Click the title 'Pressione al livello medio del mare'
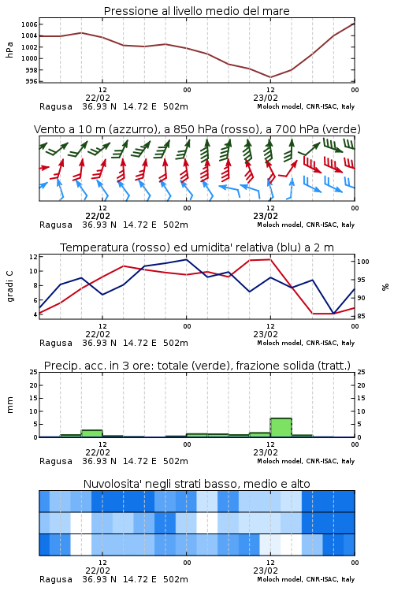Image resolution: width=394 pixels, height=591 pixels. tap(196, 11)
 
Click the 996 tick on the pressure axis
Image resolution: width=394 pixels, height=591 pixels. tap(32, 81)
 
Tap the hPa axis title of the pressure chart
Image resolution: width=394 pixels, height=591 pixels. tap(9, 50)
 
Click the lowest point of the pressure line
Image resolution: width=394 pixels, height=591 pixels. tap(270, 77)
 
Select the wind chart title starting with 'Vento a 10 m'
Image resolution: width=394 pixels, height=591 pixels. tap(197, 129)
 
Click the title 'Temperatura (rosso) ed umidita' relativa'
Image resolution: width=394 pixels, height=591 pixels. tap(197, 247)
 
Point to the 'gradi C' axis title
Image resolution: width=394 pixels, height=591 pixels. tap(9, 286)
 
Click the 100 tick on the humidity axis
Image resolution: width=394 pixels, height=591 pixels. tap(363, 262)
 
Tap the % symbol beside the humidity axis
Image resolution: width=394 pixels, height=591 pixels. tap(385, 287)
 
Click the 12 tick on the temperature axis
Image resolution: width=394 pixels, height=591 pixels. tap(34, 257)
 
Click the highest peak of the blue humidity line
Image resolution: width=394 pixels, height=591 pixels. tap(186, 259)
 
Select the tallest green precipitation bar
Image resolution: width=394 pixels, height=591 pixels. tap(281, 428)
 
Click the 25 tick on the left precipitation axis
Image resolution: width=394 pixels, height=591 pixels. tap(34, 372)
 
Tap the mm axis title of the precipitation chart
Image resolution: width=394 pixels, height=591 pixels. tap(9, 405)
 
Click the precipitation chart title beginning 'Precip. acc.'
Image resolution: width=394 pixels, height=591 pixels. tap(197, 366)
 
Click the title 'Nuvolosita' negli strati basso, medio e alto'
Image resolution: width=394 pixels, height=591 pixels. tap(196, 484)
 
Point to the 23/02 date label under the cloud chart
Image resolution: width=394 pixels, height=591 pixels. tap(266, 571)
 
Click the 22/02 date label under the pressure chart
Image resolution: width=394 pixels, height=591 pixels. tap(98, 98)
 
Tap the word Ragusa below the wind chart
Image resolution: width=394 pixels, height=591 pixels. tap(56, 225)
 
